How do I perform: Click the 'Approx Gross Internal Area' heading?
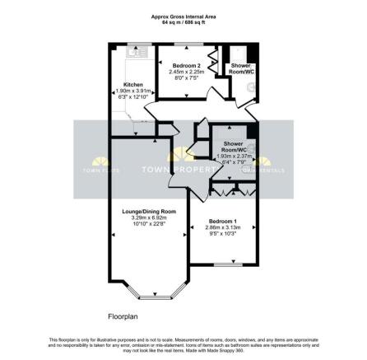pos(183,16)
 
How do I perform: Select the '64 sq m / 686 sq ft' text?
pos(183,21)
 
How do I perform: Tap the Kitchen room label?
pos(134,84)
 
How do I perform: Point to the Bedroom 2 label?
pos(186,65)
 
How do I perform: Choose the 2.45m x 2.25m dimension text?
pos(186,71)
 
